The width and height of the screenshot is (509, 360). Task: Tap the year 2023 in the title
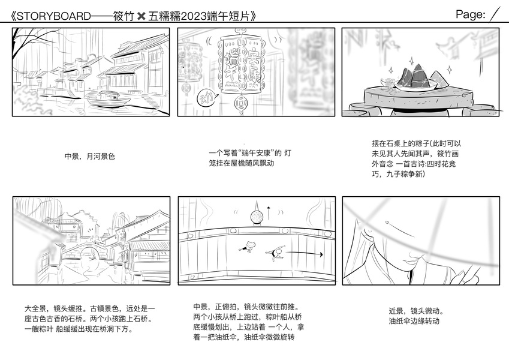[203, 16]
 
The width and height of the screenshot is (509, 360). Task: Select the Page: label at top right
[471, 15]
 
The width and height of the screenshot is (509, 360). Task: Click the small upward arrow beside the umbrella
[269, 212]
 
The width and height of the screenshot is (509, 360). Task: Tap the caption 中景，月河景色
[89, 157]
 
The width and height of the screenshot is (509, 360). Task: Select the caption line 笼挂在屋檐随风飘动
[242, 163]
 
